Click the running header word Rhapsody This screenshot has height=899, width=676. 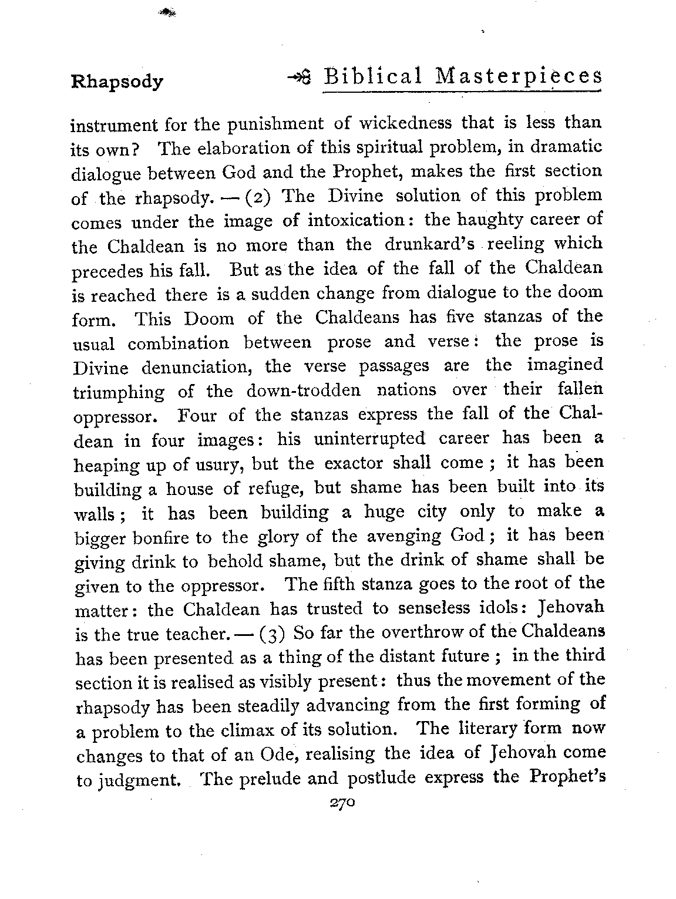pos(117,81)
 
